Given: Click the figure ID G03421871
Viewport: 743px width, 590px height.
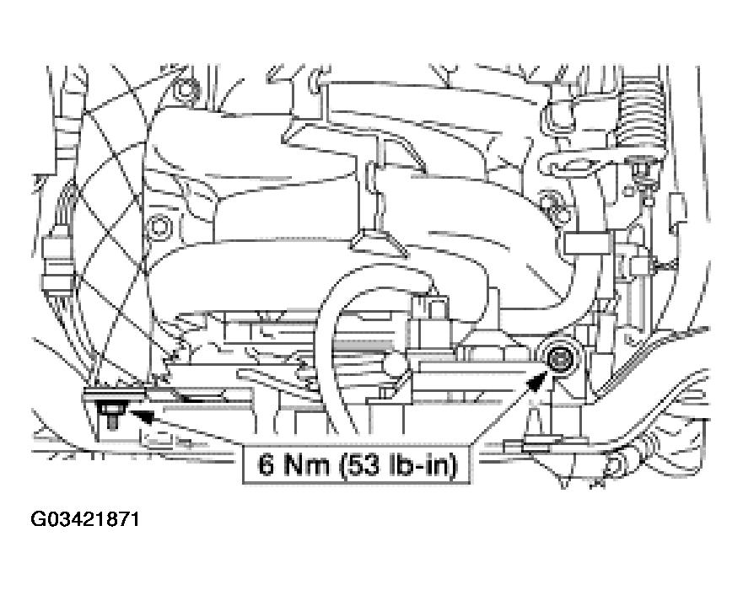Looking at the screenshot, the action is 85,519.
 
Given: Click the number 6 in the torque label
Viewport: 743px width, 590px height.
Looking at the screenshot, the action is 266,464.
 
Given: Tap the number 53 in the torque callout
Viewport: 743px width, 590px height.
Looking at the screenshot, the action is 360,464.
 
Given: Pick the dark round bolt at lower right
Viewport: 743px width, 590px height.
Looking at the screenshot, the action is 562,357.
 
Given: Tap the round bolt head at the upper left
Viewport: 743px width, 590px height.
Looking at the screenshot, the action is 185,90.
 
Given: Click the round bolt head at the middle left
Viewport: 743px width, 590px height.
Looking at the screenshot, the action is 159,228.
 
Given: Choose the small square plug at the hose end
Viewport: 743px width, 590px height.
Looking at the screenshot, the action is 432,304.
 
